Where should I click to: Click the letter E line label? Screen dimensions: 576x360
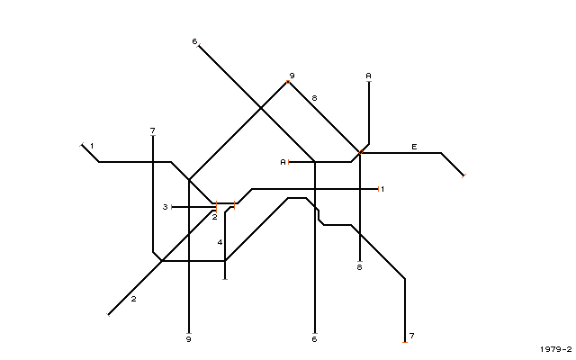click(x=414, y=147)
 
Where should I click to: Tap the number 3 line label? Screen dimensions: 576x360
click(x=166, y=207)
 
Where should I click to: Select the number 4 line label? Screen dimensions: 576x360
click(x=220, y=242)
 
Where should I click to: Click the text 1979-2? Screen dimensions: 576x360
click(x=556, y=349)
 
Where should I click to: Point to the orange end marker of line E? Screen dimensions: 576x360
click(x=463, y=176)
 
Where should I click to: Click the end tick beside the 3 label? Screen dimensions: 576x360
click(x=172, y=207)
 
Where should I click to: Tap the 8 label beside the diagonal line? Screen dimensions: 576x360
click(x=314, y=98)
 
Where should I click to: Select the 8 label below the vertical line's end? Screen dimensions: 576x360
click(x=360, y=267)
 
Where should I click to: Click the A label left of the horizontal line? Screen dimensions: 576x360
click(x=283, y=162)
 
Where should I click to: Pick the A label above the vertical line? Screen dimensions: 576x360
click(x=368, y=76)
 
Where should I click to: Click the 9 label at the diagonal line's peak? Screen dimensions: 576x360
click(x=292, y=76)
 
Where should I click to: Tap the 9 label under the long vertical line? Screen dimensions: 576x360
click(x=189, y=339)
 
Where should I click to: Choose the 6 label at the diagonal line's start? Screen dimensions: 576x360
click(x=194, y=41)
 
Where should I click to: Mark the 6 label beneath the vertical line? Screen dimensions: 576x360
click(x=314, y=339)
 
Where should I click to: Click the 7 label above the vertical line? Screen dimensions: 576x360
click(x=153, y=130)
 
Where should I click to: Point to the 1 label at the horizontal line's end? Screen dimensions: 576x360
click(x=382, y=189)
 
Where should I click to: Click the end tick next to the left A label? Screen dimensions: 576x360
click(x=289, y=162)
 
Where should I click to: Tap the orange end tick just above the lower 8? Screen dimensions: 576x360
click(x=360, y=261)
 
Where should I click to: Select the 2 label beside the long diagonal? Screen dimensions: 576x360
click(x=134, y=299)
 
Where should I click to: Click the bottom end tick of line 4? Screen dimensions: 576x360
click(x=225, y=279)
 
